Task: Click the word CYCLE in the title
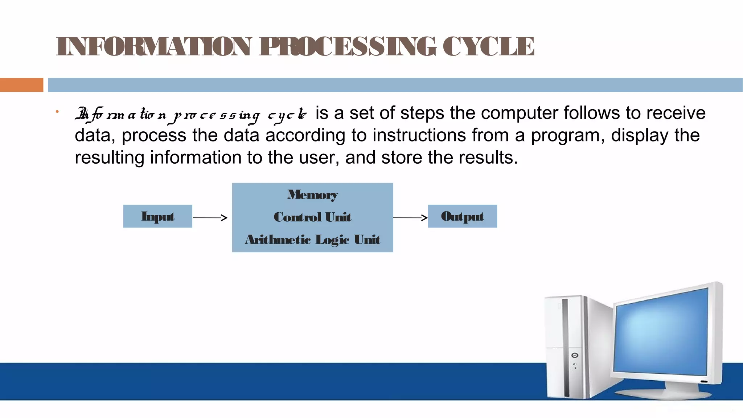488,46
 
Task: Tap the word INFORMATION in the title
154,46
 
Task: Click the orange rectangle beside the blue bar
21,85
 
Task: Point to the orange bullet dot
57,112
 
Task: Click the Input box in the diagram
158,216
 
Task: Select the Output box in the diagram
463,216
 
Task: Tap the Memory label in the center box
313,195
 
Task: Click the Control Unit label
313,217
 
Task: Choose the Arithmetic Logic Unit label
313,239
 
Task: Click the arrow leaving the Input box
210,218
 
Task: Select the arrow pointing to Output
410,218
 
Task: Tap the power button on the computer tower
575,355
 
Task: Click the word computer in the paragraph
504,113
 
